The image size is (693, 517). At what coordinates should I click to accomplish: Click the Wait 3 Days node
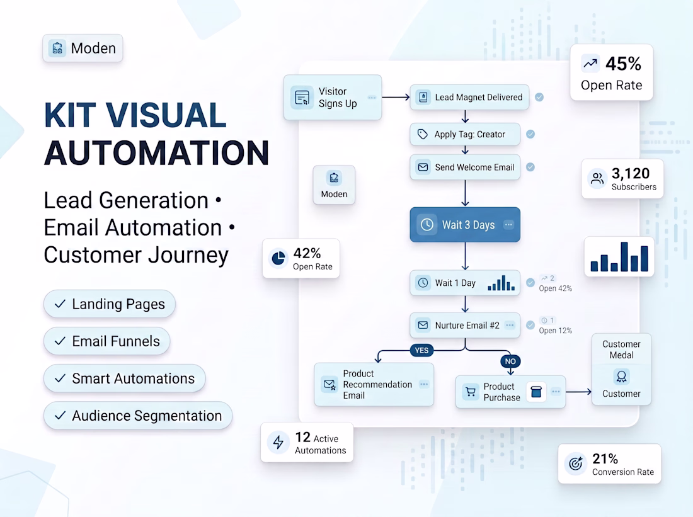(465, 224)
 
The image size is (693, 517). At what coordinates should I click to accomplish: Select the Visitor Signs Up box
(333, 97)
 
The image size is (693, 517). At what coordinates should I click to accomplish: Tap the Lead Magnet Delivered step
(469, 97)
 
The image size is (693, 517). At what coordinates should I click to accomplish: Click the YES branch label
(421, 350)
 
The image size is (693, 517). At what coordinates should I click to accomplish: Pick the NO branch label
(510, 361)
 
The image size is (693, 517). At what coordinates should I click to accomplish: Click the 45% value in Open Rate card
(623, 64)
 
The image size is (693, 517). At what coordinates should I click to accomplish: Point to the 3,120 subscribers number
(631, 173)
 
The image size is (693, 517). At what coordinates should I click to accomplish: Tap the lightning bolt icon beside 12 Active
(278, 442)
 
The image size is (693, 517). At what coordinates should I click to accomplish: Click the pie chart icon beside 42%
(278, 258)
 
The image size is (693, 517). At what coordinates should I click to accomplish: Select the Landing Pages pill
(110, 304)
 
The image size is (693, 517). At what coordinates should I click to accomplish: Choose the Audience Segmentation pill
(138, 416)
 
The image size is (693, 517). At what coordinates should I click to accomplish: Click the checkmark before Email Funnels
(60, 341)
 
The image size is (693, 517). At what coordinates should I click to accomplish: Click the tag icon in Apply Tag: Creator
(423, 134)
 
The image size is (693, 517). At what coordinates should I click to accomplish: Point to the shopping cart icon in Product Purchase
(471, 392)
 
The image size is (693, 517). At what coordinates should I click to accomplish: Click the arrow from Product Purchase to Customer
(578, 392)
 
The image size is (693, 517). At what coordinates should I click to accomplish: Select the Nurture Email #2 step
(465, 325)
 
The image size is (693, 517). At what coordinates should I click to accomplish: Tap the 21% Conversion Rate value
(605, 458)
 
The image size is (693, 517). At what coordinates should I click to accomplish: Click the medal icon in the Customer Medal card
(621, 377)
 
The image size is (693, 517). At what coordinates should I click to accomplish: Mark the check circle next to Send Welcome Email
(530, 167)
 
